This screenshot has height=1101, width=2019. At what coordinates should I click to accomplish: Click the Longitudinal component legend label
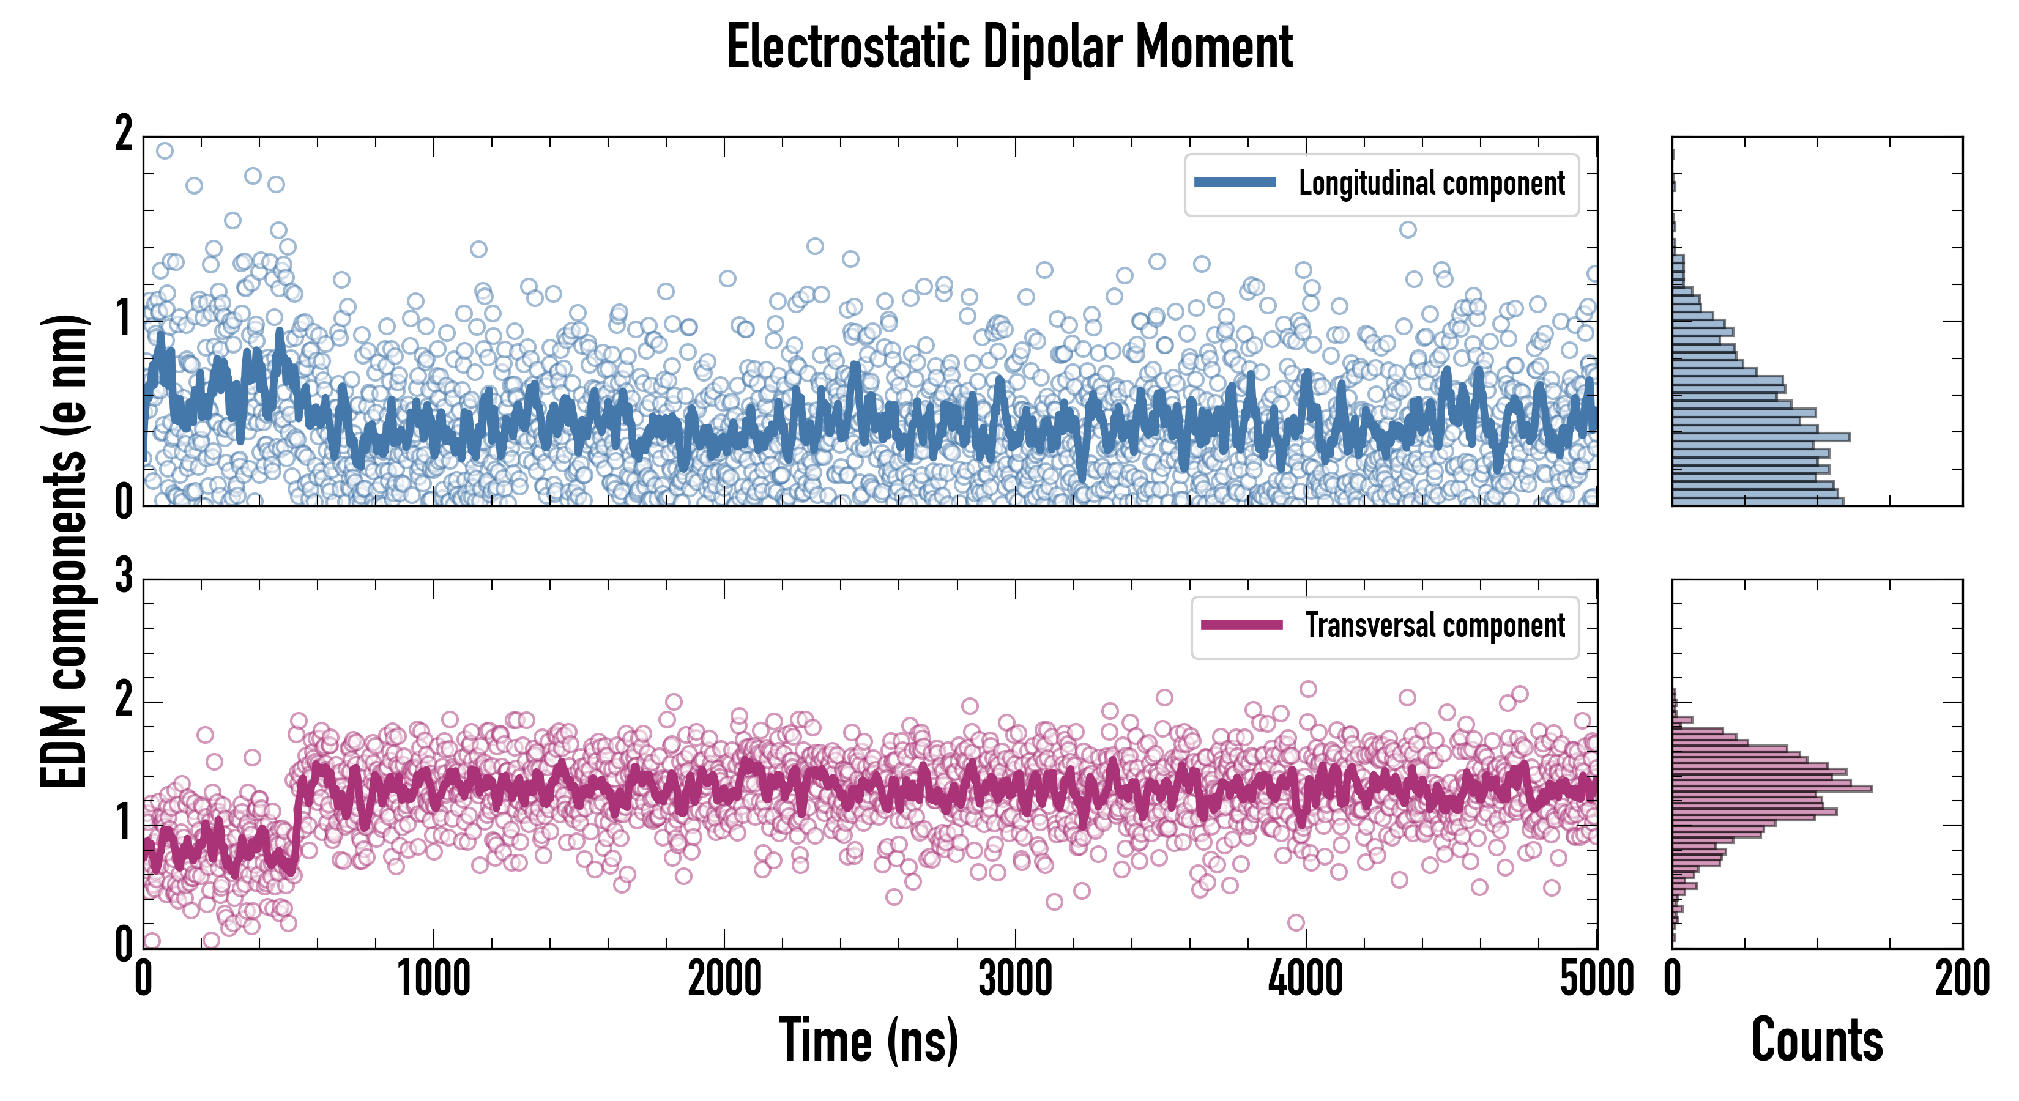(x=1431, y=183)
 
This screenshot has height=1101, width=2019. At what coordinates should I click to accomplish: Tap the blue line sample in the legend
(x=1235, y=183)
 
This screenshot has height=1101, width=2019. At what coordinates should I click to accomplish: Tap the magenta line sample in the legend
(x=1241, y=625)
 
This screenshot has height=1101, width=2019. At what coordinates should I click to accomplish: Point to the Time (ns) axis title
(x=868, y=1040)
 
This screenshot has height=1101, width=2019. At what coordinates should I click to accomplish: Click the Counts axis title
(x=1816, y=1040)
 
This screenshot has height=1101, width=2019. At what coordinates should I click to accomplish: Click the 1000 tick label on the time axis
(x=433, y=979)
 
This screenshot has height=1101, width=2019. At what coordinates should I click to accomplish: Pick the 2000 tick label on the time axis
(x=724, y=979)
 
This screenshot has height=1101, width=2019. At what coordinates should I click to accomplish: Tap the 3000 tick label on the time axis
(x=1015, y=979)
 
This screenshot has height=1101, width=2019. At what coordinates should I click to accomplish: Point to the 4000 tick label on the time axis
(x=1306, y=979)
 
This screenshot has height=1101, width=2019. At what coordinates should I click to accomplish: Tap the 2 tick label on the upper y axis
(x=124, y=134)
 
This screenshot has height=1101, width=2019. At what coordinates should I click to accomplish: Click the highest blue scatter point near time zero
(x=165, y=150)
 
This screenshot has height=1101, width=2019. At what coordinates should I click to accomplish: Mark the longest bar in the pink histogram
(x=1771, y=788)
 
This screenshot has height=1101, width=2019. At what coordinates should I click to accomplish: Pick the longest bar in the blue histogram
(x=1760, y=437)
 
